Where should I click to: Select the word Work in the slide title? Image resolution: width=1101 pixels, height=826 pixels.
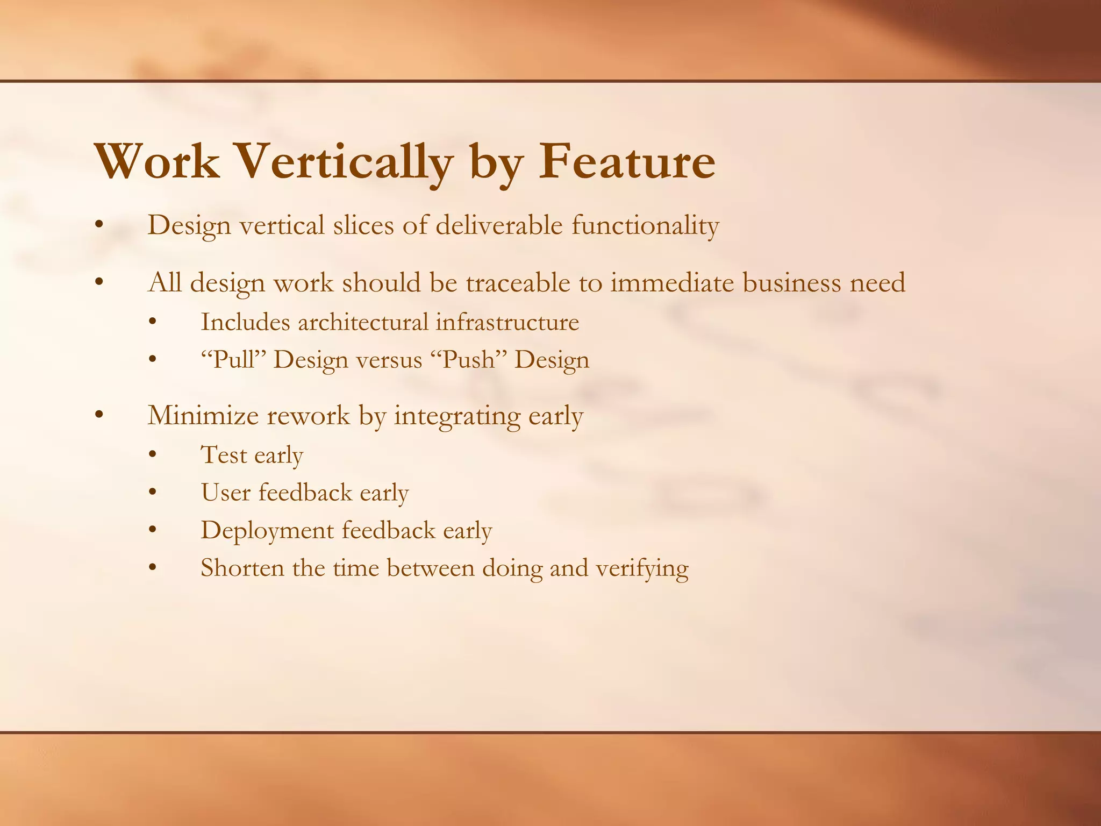157,161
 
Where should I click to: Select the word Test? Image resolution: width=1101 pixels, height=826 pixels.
224,455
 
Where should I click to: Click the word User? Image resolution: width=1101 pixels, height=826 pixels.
225,493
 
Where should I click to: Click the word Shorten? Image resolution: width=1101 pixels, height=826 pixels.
242,568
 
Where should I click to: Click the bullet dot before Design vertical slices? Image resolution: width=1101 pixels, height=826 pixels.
98,226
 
